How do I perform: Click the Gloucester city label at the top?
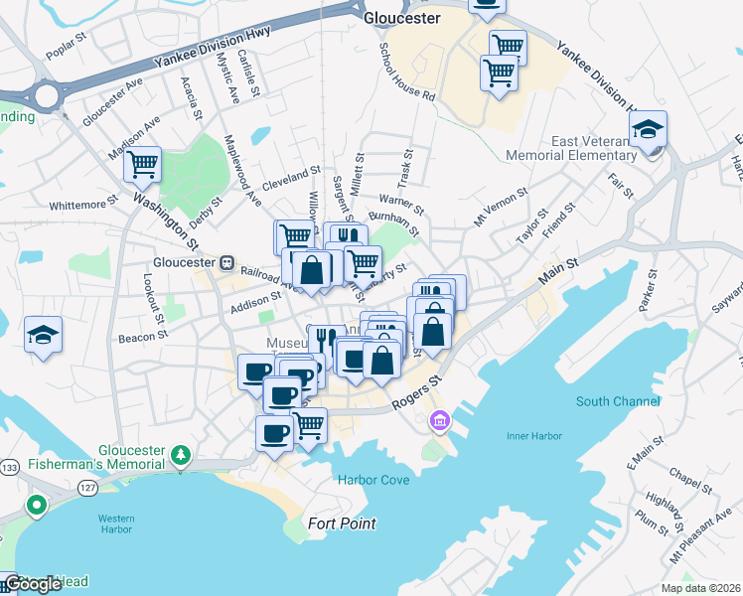pyautogui.click(x=401, y=18)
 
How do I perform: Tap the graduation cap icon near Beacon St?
pyautogui.click(x=44, y=334)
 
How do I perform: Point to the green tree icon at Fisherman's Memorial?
pyautogui.click(x=180, y=455)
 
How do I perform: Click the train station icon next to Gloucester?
pyautogui.click(x=226, y=263)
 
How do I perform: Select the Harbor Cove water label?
pyautogui.click(x=373, y=479)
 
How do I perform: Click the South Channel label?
pyautogui.click(x=617, y=401)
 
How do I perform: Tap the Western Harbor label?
pyautogui.click(x=115, y=523)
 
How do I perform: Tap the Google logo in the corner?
pyautogui.click(x=33, y=584)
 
